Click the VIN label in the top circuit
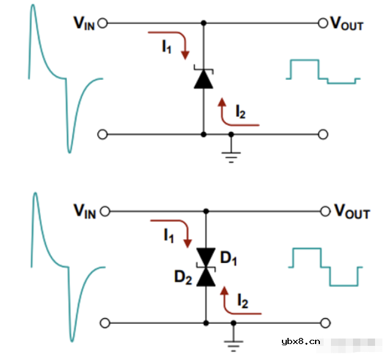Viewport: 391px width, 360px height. coord(83,24)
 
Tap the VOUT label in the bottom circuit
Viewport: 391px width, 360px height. coord(352,212)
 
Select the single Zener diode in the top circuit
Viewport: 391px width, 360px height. coord(203,79)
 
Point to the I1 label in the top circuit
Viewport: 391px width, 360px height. coord(166,47)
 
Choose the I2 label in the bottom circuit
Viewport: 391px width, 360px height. coord(243,301)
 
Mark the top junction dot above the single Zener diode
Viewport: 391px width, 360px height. coord(203,23)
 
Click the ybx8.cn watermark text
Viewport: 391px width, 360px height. coord(300,342)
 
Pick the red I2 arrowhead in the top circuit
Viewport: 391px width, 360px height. coord(221,103)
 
